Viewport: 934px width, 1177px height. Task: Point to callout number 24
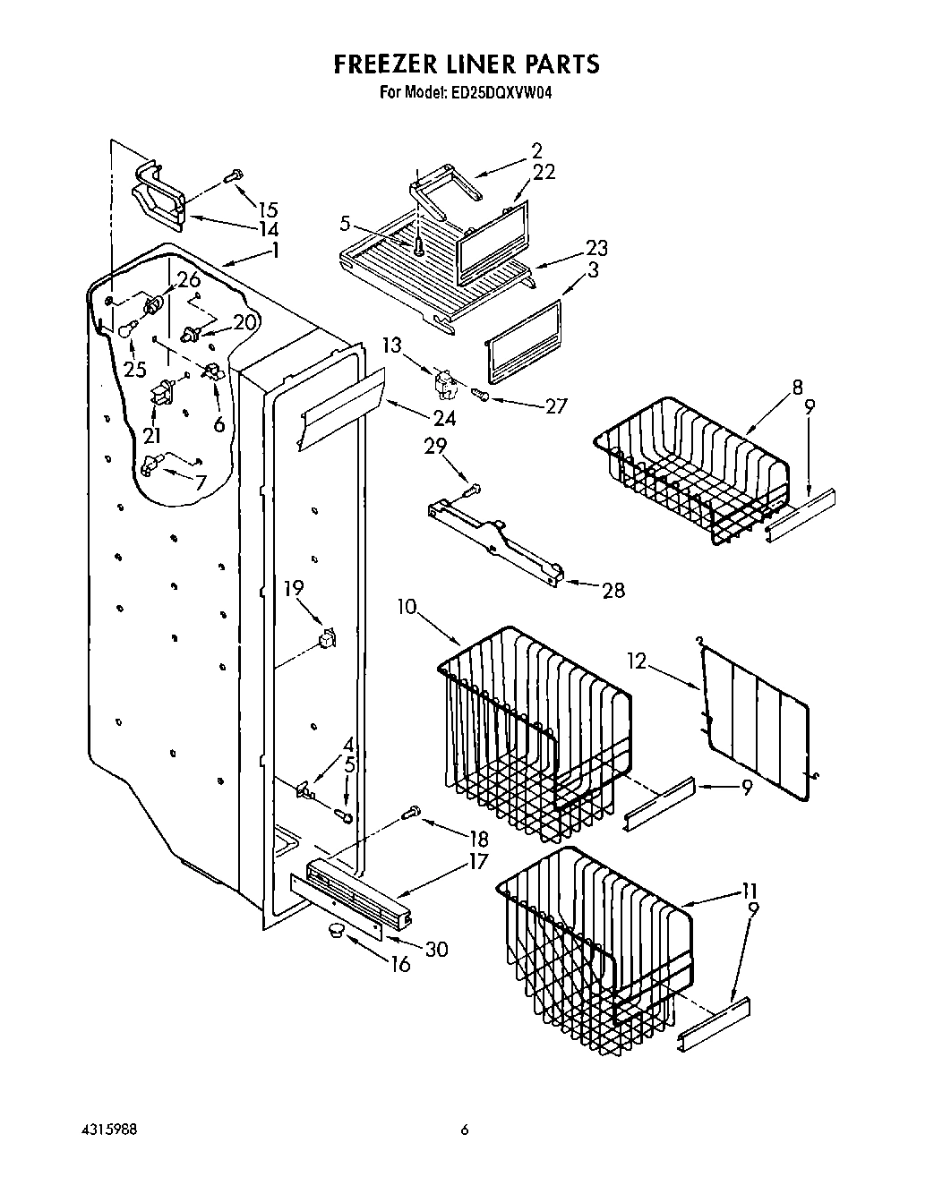tap(444, 417)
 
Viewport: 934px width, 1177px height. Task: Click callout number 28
tap(613, 590)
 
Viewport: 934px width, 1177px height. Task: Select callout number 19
tap(294, 587)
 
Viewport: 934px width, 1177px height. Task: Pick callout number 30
tap(436, 949)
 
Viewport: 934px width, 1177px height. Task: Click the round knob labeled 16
tap(337, 932)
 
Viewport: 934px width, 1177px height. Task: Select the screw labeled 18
tap(411, 813)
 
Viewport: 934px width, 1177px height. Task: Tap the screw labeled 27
tap(482, 395)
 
